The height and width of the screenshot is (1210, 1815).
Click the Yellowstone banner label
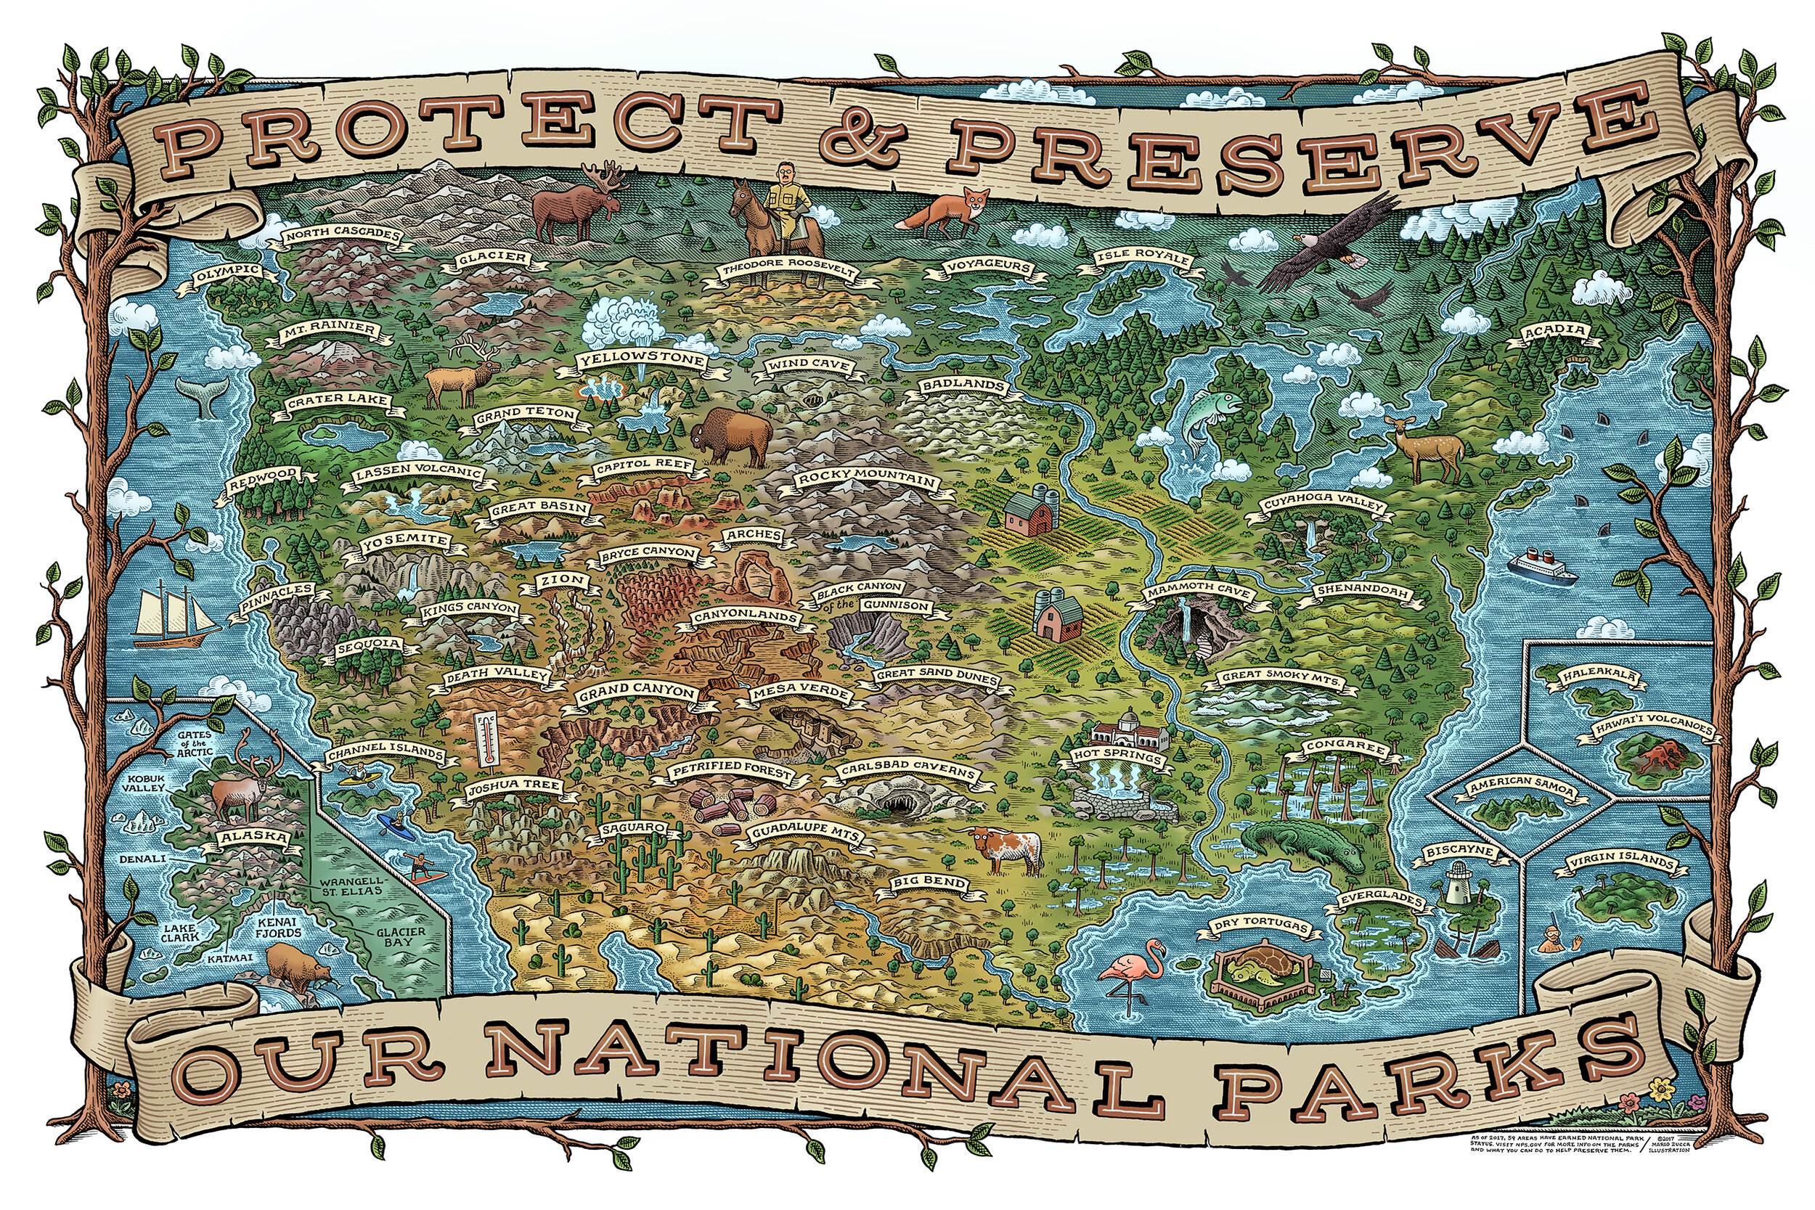[642, 360]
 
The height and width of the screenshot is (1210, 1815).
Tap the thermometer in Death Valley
[486, 738]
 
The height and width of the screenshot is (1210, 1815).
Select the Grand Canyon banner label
[637, 691]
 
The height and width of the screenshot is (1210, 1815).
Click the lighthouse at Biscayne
[1456, 882]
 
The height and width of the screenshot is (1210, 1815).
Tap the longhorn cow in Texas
[1006, 846]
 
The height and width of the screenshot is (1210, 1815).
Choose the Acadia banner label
[1555, 331]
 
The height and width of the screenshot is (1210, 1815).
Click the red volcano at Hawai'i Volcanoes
[1657, 756]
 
